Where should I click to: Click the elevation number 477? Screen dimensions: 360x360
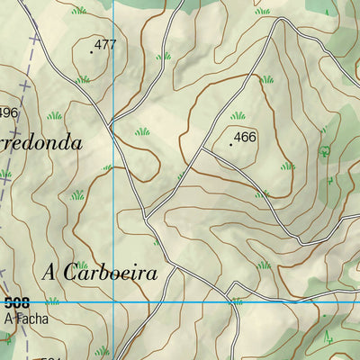point(106,44)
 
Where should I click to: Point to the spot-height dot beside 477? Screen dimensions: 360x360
point(92,52)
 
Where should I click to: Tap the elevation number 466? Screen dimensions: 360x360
point(246,137)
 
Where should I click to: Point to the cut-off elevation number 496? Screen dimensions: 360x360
point(8,112)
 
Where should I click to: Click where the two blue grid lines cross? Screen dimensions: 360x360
point(113,302)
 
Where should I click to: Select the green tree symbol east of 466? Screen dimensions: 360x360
point(325,150)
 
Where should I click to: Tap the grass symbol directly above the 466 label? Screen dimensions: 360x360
point(238,115)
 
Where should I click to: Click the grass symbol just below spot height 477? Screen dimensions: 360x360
point(83,79)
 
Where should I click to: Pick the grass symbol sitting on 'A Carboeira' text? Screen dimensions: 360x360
point(83,265)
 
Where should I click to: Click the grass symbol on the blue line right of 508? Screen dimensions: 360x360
point(237,301)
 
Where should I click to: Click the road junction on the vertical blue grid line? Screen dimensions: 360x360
point(112,124)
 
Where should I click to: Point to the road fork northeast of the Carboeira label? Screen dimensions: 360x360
point(147,216)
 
